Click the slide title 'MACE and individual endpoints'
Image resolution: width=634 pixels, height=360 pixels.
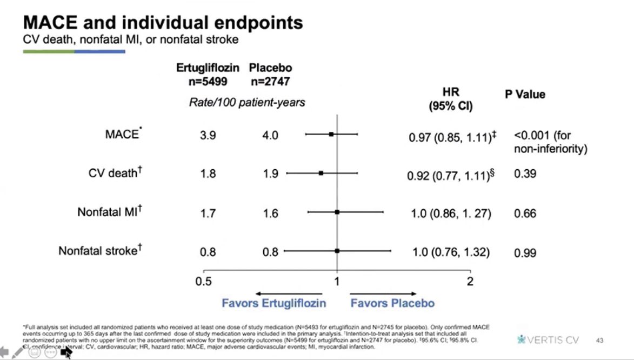(x=163, y=23)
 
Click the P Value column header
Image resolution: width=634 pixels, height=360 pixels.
(x=525, y=95)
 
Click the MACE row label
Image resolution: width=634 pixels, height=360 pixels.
(x=123, y=135)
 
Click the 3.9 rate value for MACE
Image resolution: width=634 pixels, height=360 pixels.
(x=208, y=136)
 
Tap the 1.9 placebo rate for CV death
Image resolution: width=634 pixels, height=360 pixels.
(x=270, y=174)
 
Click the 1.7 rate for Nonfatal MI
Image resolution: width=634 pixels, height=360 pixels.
(x=208, y=214)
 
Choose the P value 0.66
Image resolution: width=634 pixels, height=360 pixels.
(x=525, y=214)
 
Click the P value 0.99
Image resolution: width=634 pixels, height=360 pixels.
(x=525, y=252)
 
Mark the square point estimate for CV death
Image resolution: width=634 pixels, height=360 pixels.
(x=321, y=173)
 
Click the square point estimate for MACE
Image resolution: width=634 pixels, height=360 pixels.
(x=331, y=134)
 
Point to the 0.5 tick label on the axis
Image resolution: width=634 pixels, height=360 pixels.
(x=203, y=282)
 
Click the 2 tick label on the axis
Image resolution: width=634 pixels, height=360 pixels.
(x=470, y=282)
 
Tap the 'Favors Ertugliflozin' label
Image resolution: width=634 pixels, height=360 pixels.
(x=273, y=303)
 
